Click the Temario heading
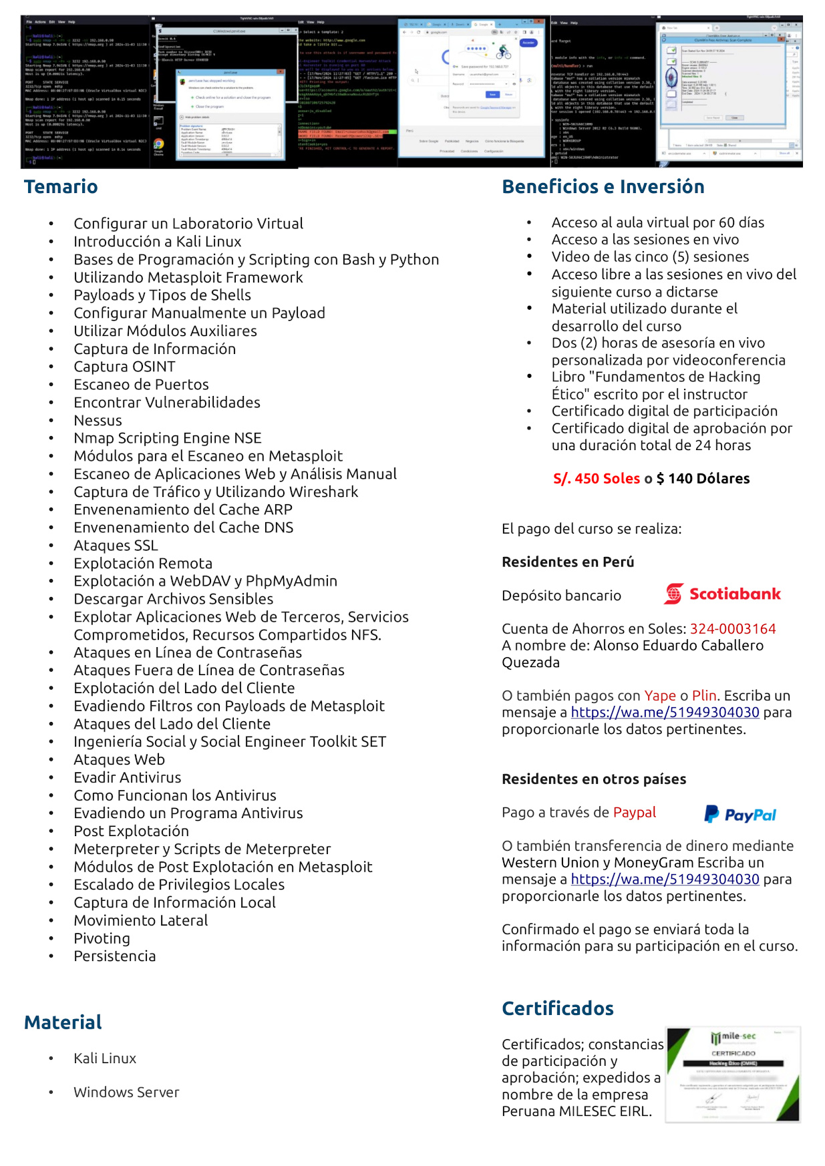click(61, 186)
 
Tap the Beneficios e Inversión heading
click(603, 186)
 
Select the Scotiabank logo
click(721, 594)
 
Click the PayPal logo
click(740, 814)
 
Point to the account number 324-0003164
click(733, 628)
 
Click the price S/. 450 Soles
click(597, 478)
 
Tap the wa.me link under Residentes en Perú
click(665, 712)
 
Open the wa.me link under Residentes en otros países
click(665, 879)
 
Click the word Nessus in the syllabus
click(98, 420)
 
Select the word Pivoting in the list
click(102, 938)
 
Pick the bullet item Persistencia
click(114, 956)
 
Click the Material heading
click(63, 1022)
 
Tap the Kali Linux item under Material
click(105, 1058)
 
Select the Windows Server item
click(126, 1092)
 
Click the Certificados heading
click(557, 1008)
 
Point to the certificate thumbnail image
click(733, 1074)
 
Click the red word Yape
click(660, 695)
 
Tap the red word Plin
click(704, 695)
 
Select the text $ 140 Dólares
click(703, 478)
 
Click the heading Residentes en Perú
click(568, 562)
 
